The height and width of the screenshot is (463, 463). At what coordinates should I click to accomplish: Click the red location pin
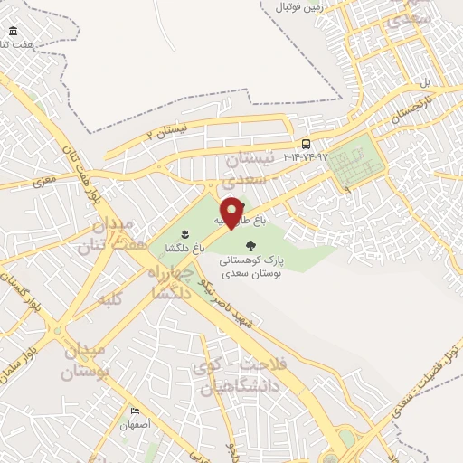(232, 211)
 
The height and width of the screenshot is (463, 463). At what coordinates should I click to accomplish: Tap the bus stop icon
(307, 143)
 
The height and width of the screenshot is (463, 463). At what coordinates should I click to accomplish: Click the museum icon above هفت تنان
(13, 32)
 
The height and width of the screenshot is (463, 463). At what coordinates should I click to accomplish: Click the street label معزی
(45, 181)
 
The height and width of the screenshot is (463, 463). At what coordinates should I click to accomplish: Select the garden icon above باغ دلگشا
(185, 234)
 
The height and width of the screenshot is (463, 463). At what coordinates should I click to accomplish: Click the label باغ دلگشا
(185, 247)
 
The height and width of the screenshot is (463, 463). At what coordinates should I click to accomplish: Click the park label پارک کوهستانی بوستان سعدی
(250, 264)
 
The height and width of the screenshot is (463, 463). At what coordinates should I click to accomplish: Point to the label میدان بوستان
(86, 360)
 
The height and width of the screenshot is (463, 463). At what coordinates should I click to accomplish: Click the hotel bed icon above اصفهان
(136, 411)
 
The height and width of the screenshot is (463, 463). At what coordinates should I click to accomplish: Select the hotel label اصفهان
(136, 423)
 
